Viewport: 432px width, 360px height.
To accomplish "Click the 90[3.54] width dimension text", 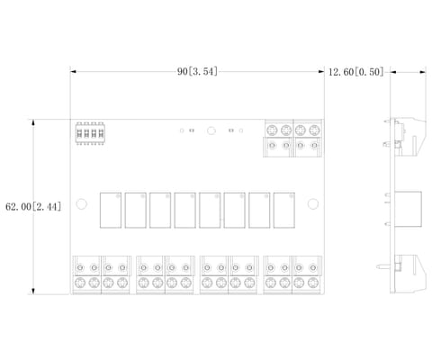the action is click(x=197, y=72).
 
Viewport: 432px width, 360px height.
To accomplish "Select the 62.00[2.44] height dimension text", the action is click(x=33, y=207).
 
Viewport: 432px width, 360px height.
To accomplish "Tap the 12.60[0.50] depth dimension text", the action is click(x=356, y=72).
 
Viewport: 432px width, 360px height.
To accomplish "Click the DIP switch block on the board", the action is click(x=90, y=133).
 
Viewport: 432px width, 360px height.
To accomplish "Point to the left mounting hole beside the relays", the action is click(x=82, y=204).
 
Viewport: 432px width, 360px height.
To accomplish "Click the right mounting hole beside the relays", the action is click(x=313, y=204).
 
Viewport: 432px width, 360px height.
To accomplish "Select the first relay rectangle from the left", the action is click(x=111, y=211).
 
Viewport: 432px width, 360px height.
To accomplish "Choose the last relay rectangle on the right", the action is click(x=283, y=211).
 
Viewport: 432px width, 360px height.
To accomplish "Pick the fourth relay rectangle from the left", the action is click(x=184, y=211).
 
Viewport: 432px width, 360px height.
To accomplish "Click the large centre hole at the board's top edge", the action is click(x=211, y=130).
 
